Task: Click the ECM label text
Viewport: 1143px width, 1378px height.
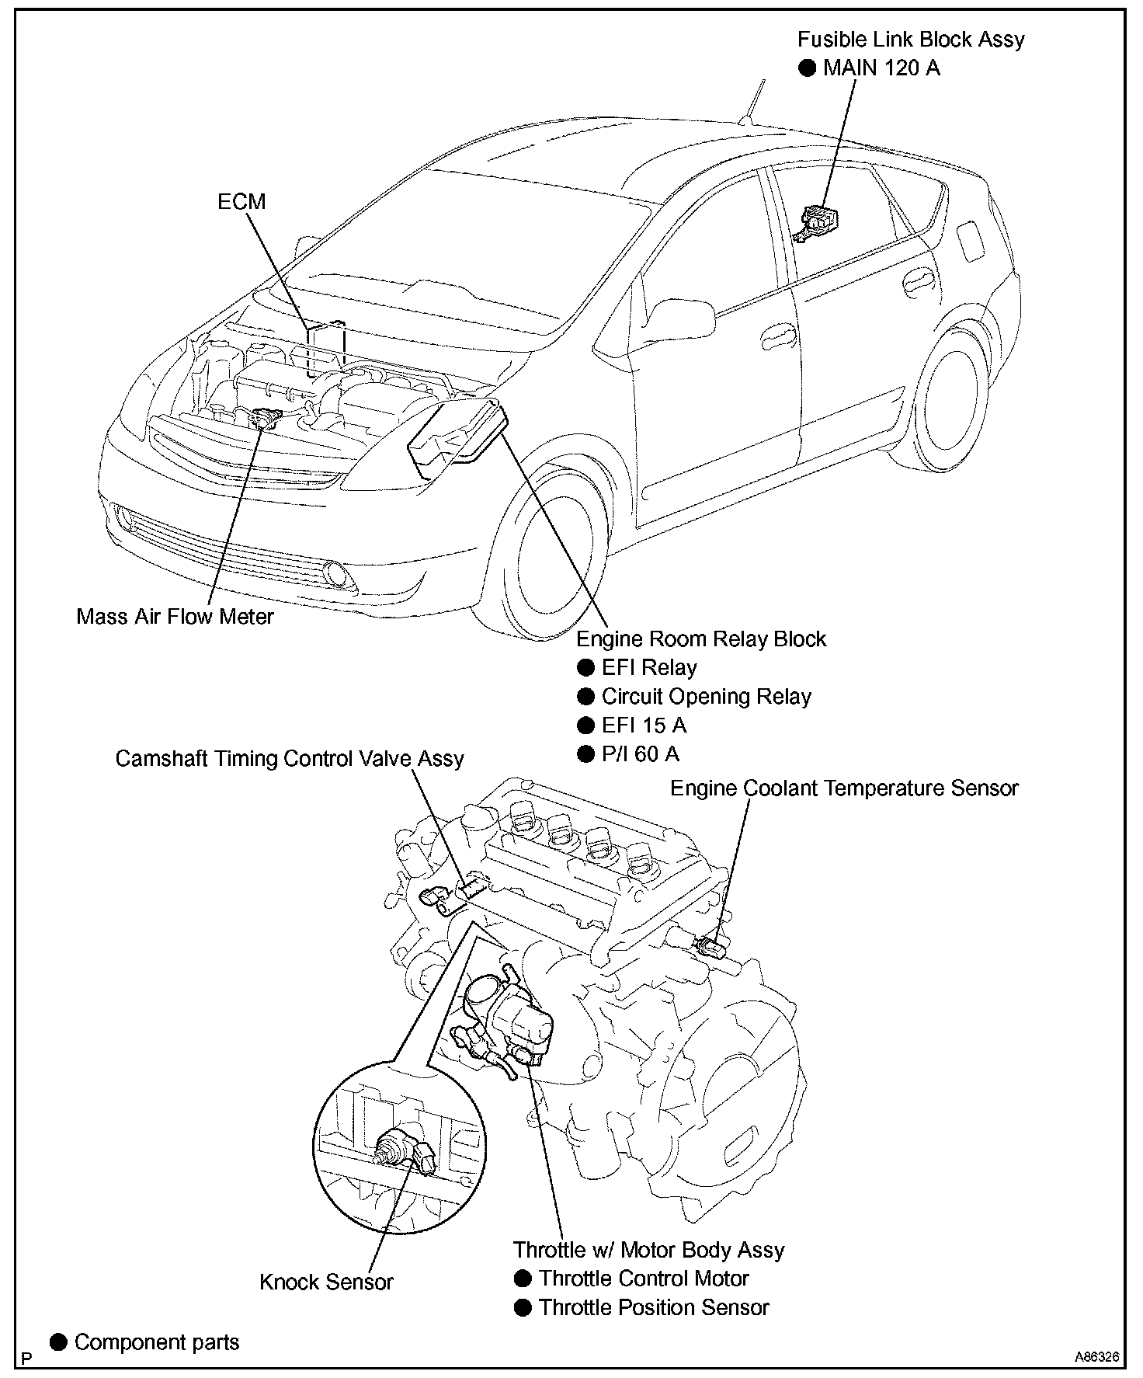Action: coord(241,202)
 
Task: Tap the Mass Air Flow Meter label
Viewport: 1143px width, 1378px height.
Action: coord(175,617)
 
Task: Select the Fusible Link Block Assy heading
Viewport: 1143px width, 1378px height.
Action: coord(911,40)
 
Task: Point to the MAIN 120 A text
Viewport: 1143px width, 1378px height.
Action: coord(881,68)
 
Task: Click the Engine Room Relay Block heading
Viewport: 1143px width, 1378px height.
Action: coord(701,639)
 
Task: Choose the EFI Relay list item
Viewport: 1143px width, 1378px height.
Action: coord(649,668)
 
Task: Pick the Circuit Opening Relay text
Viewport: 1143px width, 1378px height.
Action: coord(706,697)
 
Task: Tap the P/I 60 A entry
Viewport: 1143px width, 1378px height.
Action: coord(641,754)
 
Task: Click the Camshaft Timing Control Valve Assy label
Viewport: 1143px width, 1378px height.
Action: coord(290,758)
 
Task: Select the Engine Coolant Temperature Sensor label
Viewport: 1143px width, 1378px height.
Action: coord(844,788)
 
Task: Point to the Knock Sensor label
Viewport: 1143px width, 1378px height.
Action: coord(326,1282)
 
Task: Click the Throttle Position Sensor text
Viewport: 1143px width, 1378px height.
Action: coord(654,1307)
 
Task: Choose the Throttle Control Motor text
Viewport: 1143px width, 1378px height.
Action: coord(644,1279)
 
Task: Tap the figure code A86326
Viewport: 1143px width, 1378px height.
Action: coord(1096,1357)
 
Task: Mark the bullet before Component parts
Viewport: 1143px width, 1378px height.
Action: coord(58,1342)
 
